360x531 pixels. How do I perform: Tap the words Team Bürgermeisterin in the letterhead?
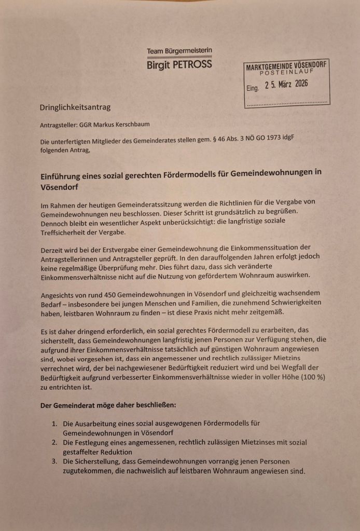179,51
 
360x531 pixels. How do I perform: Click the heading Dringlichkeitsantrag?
75,107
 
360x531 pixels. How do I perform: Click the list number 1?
54,424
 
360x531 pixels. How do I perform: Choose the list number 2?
54,442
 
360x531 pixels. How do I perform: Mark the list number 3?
54,461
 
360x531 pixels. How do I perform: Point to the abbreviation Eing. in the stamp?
253,88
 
